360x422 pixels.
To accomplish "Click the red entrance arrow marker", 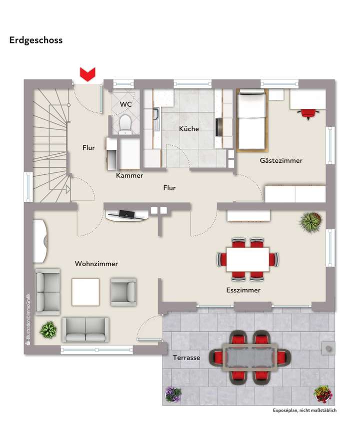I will [88, 75].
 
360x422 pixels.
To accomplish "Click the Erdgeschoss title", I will [36, 40].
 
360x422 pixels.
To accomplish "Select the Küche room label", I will [189, 129].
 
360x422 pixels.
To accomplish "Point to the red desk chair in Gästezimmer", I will [308, 113].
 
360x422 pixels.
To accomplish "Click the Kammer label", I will [129, 175].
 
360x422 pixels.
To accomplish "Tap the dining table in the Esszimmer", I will [247, 259].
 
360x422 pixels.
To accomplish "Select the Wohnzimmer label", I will [96, 264].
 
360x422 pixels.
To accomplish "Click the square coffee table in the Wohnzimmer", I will [85, 292].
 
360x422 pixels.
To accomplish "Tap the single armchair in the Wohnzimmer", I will [123, 292].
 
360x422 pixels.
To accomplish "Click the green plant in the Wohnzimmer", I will [48, 329].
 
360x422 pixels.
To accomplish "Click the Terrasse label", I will [186, 358].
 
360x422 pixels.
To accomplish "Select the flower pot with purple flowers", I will [173, 395].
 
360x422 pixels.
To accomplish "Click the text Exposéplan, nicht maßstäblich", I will [304, 411].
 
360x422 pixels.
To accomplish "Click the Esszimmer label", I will [243, 290].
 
